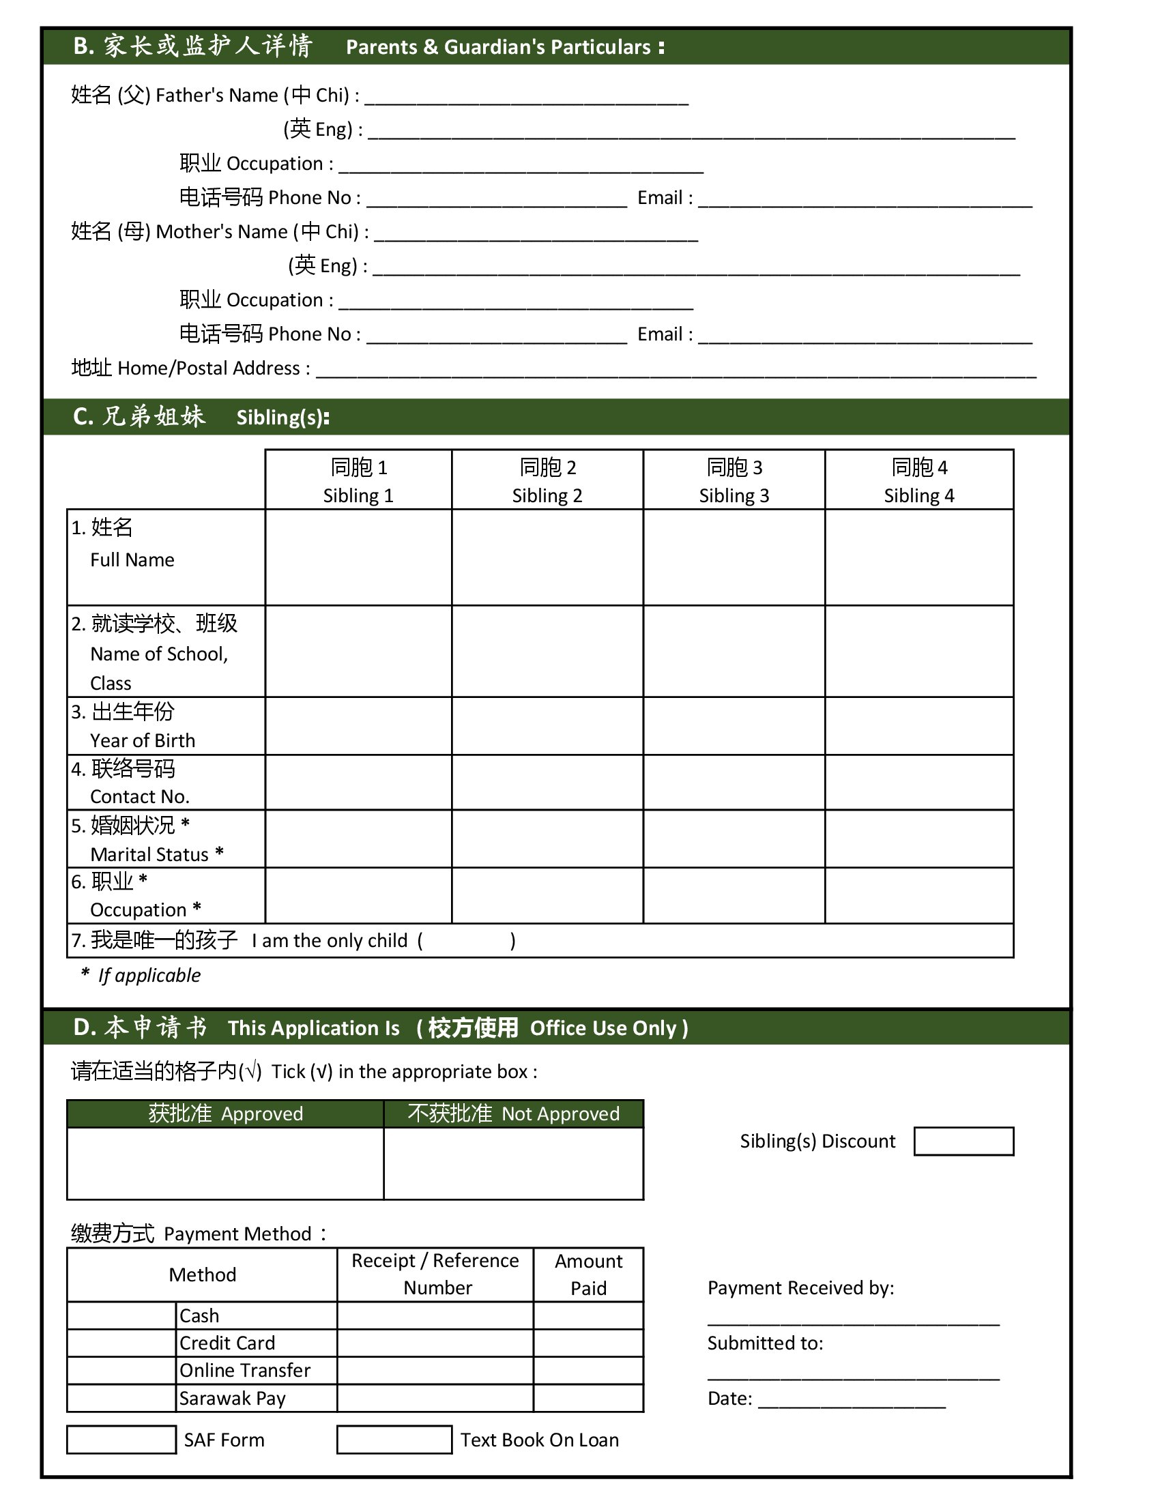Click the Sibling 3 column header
[x=734, y=480]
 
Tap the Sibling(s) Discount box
[x=963, y=1141]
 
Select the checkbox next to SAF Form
[x=121, y=1440]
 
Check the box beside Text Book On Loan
[x=394, y=1440]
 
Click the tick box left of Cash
[x=121, y=1316]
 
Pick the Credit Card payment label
[x=227, y=1343]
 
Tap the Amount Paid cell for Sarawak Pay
[x=588, y=1399]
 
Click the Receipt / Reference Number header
[x=435, y=1275]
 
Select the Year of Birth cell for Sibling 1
[x=358, y=727]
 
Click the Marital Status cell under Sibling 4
[x=919, y=839]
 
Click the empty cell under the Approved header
[x=225, y=1164]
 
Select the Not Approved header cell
[x=513, y=1114]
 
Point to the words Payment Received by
[x=800, y=1288]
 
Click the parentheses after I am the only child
[x=466, y=941]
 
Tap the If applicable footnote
[x=149, y=975]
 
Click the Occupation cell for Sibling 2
[x=547, y=897]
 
